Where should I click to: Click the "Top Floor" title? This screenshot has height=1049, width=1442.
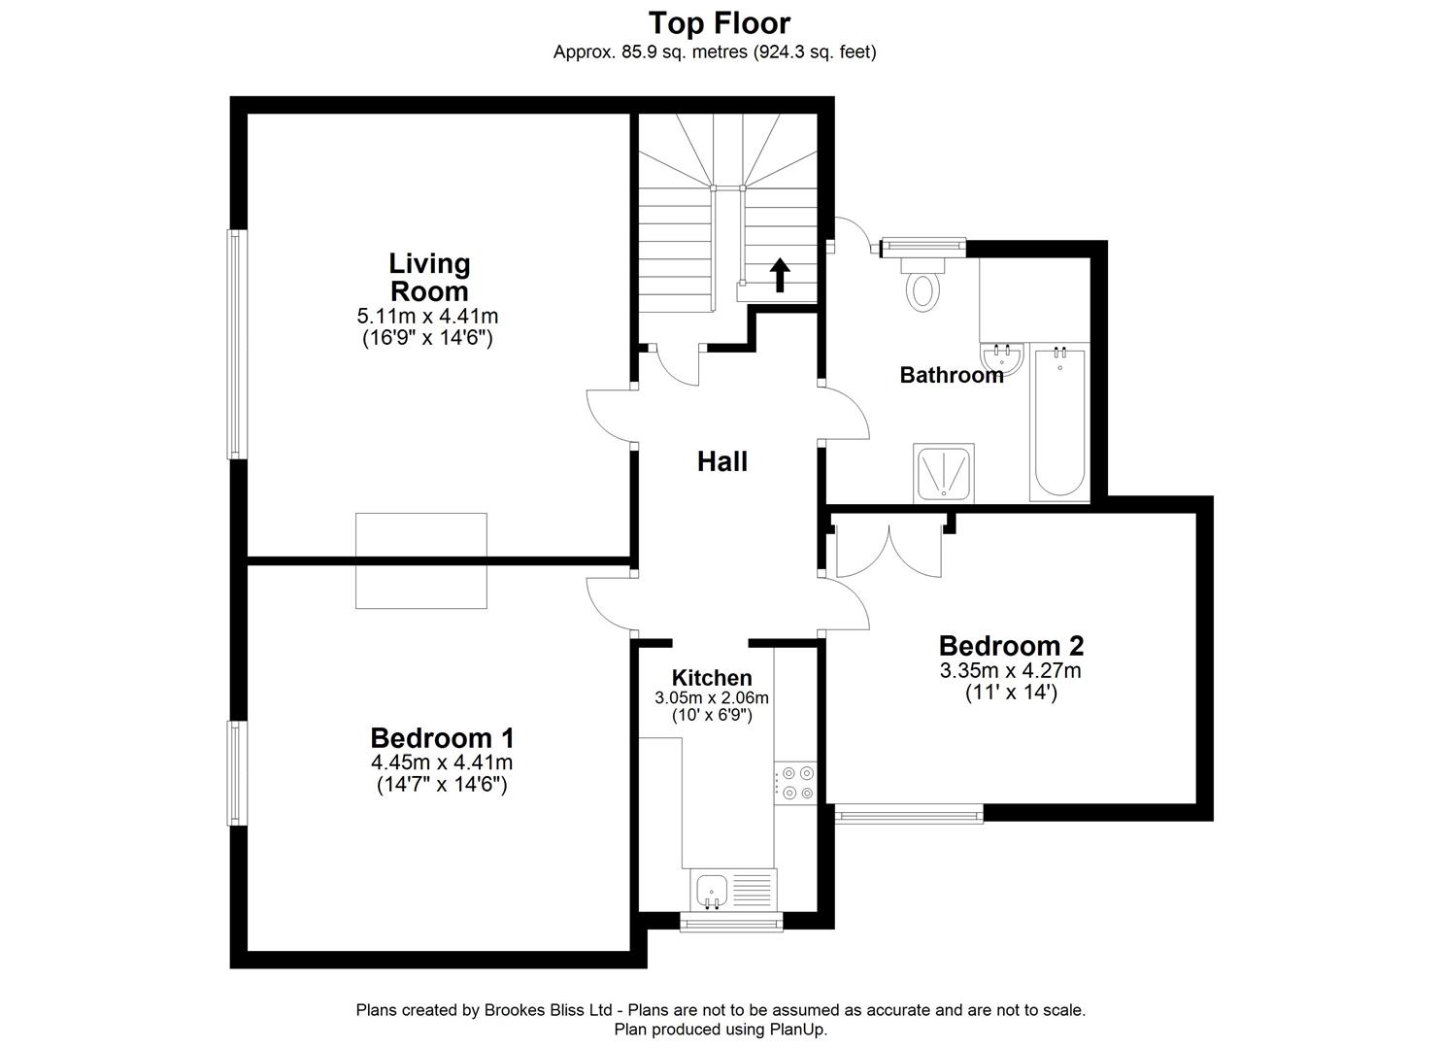point(720,22)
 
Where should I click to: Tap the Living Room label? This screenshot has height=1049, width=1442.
point(429,277)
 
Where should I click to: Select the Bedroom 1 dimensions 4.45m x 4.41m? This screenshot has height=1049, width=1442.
point(442,762)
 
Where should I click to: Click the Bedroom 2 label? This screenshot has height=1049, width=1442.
point(1011,645)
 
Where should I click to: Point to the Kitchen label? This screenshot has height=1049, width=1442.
point(712,678)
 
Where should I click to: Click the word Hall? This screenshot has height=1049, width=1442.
point(722,461)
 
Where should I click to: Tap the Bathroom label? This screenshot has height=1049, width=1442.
point(951,375)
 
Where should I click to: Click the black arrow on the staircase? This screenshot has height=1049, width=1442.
point(779,275)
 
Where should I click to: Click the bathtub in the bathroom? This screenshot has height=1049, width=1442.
point(1058,423)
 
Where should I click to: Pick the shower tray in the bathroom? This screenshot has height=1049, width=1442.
point(944,473)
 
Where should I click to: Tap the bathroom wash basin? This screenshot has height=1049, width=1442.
point(1002,358)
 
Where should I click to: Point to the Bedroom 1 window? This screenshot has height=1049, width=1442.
point(233,772)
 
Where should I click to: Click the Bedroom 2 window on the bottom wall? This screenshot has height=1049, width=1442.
point(909,813)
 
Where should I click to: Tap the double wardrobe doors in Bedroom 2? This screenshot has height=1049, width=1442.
point(889,551)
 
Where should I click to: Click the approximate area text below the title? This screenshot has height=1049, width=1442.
point(715,52)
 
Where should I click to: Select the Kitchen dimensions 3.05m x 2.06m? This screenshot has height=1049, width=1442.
point(712,697)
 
